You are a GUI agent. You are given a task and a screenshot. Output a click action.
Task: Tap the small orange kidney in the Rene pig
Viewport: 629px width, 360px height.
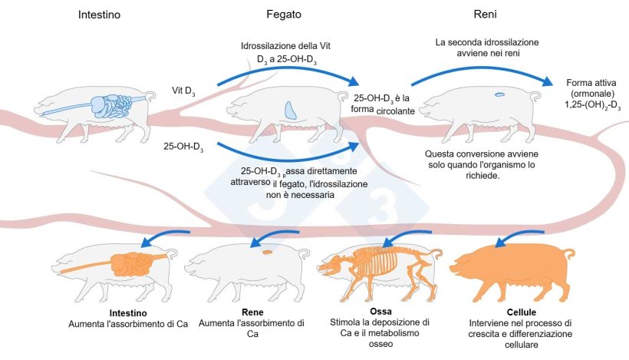tap(268, 252)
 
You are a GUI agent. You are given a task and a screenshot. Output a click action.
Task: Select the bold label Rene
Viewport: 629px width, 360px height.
tap(252, 312)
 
